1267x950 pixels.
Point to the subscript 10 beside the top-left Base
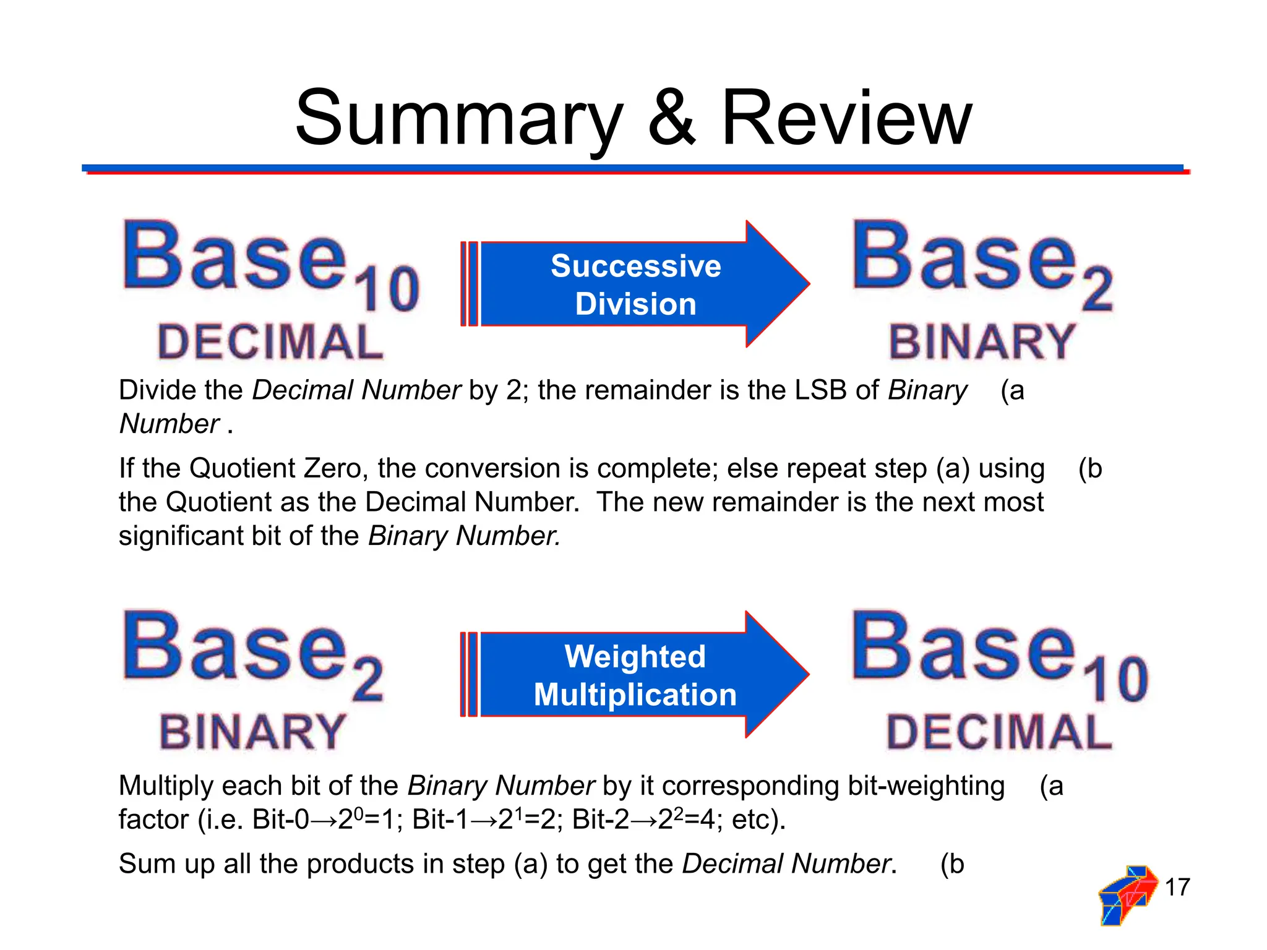pyautogui.click(x=389, y=289)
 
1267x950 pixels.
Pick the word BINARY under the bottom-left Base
pyautogui.click(x=252, y=732)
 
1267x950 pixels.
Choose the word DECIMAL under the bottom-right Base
pyautogui.click(x=999, y=732)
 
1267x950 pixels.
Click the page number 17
pyautogui.click(x=1177, y=887)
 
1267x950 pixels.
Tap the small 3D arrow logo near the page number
pyautogui.click(x=1127, y=894)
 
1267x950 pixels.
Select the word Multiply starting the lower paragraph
pyautogui.click(x=166, y=787)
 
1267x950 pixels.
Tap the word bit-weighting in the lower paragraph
pyautogui.click(x=926, y=787)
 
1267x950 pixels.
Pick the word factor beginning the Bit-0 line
pyautogui.click(x=153, y=820)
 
